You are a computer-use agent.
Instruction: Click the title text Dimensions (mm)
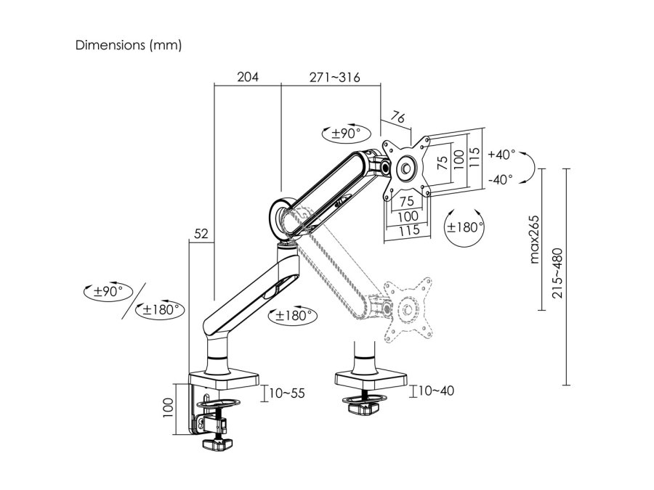click(x=129, y=45)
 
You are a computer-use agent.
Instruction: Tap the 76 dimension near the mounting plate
click(x=397, y=117)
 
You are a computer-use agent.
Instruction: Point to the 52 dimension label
click(x=201, y=234)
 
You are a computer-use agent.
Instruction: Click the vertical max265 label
click(x=534, y=240)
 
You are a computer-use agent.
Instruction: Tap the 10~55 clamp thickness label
click(x=287, y=393)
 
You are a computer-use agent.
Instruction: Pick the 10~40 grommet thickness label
click(x=437, y=391)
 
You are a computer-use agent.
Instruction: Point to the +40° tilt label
click(x=501, y=155)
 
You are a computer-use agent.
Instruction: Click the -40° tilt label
click(x=501, y=178)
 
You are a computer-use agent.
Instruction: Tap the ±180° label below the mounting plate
click(x=465, y=226)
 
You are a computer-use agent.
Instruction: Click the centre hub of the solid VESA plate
click(x=405, y=166)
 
